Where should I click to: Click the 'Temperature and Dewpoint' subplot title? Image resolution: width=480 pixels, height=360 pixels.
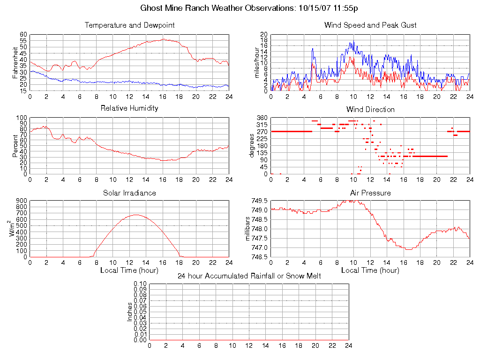129,25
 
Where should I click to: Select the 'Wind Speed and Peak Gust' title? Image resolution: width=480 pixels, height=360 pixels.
370,25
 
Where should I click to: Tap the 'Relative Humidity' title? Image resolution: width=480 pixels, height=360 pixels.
129,108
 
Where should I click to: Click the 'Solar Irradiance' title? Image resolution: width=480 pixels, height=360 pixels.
129,193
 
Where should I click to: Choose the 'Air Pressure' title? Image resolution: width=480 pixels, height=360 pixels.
370,193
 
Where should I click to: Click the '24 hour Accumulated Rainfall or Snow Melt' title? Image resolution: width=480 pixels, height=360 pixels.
249,276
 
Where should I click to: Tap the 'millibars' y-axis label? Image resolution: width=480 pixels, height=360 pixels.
249,229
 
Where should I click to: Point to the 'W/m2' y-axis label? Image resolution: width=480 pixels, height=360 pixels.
14,229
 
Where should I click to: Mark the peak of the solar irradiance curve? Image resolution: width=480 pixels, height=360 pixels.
136,215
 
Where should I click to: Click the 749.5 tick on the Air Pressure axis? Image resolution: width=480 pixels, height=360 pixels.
259,201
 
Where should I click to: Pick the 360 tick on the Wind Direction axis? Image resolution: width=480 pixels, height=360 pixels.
262,118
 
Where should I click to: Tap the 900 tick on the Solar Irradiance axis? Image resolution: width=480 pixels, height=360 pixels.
22,201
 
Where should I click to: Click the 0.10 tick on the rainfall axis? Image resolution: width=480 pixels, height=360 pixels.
140,284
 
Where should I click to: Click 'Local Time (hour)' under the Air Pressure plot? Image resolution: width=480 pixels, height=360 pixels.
370,270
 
